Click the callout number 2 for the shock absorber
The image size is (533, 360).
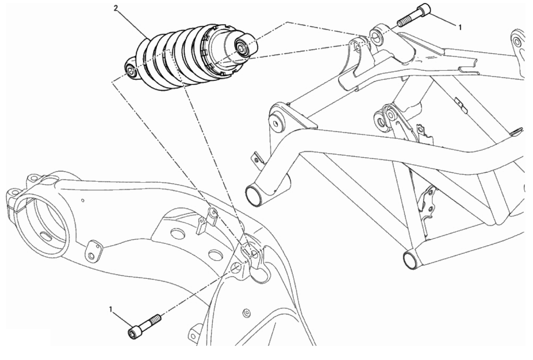point(116,8)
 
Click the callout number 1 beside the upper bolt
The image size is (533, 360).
point(460,27)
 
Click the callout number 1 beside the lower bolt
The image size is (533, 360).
point(111,309)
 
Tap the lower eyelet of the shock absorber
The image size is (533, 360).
point(131,71)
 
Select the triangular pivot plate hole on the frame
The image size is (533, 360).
point(276,123)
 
